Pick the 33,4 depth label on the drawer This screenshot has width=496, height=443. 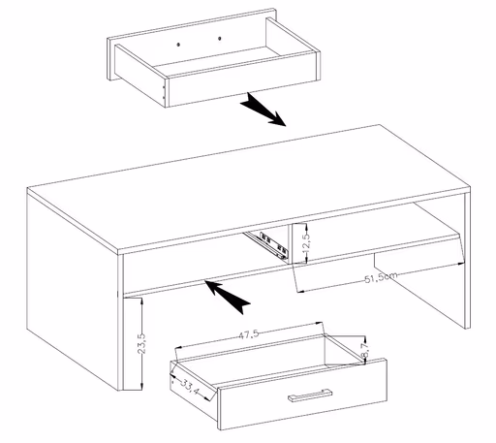(187, 390)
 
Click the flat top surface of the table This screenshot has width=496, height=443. (252, 184)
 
